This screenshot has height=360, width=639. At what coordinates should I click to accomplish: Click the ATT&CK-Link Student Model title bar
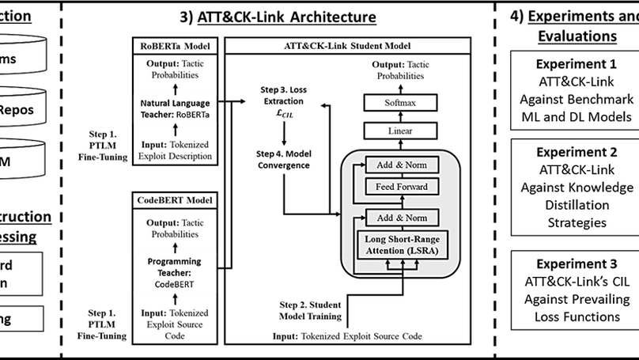tap(358, 46)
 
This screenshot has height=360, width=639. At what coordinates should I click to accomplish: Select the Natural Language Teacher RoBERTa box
tap(175, 108)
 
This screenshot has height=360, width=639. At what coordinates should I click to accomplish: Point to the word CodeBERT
tap(174, 282)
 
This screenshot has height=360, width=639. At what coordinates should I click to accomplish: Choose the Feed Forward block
tap(402, 187)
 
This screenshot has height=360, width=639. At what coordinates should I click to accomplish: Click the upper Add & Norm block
tap(402, 165)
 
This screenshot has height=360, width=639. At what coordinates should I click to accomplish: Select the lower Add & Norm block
tap(402, 217)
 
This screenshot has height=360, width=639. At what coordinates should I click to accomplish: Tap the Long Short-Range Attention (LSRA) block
tap(402, 245)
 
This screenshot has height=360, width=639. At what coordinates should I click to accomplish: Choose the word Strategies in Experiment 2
tap(577, 222)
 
